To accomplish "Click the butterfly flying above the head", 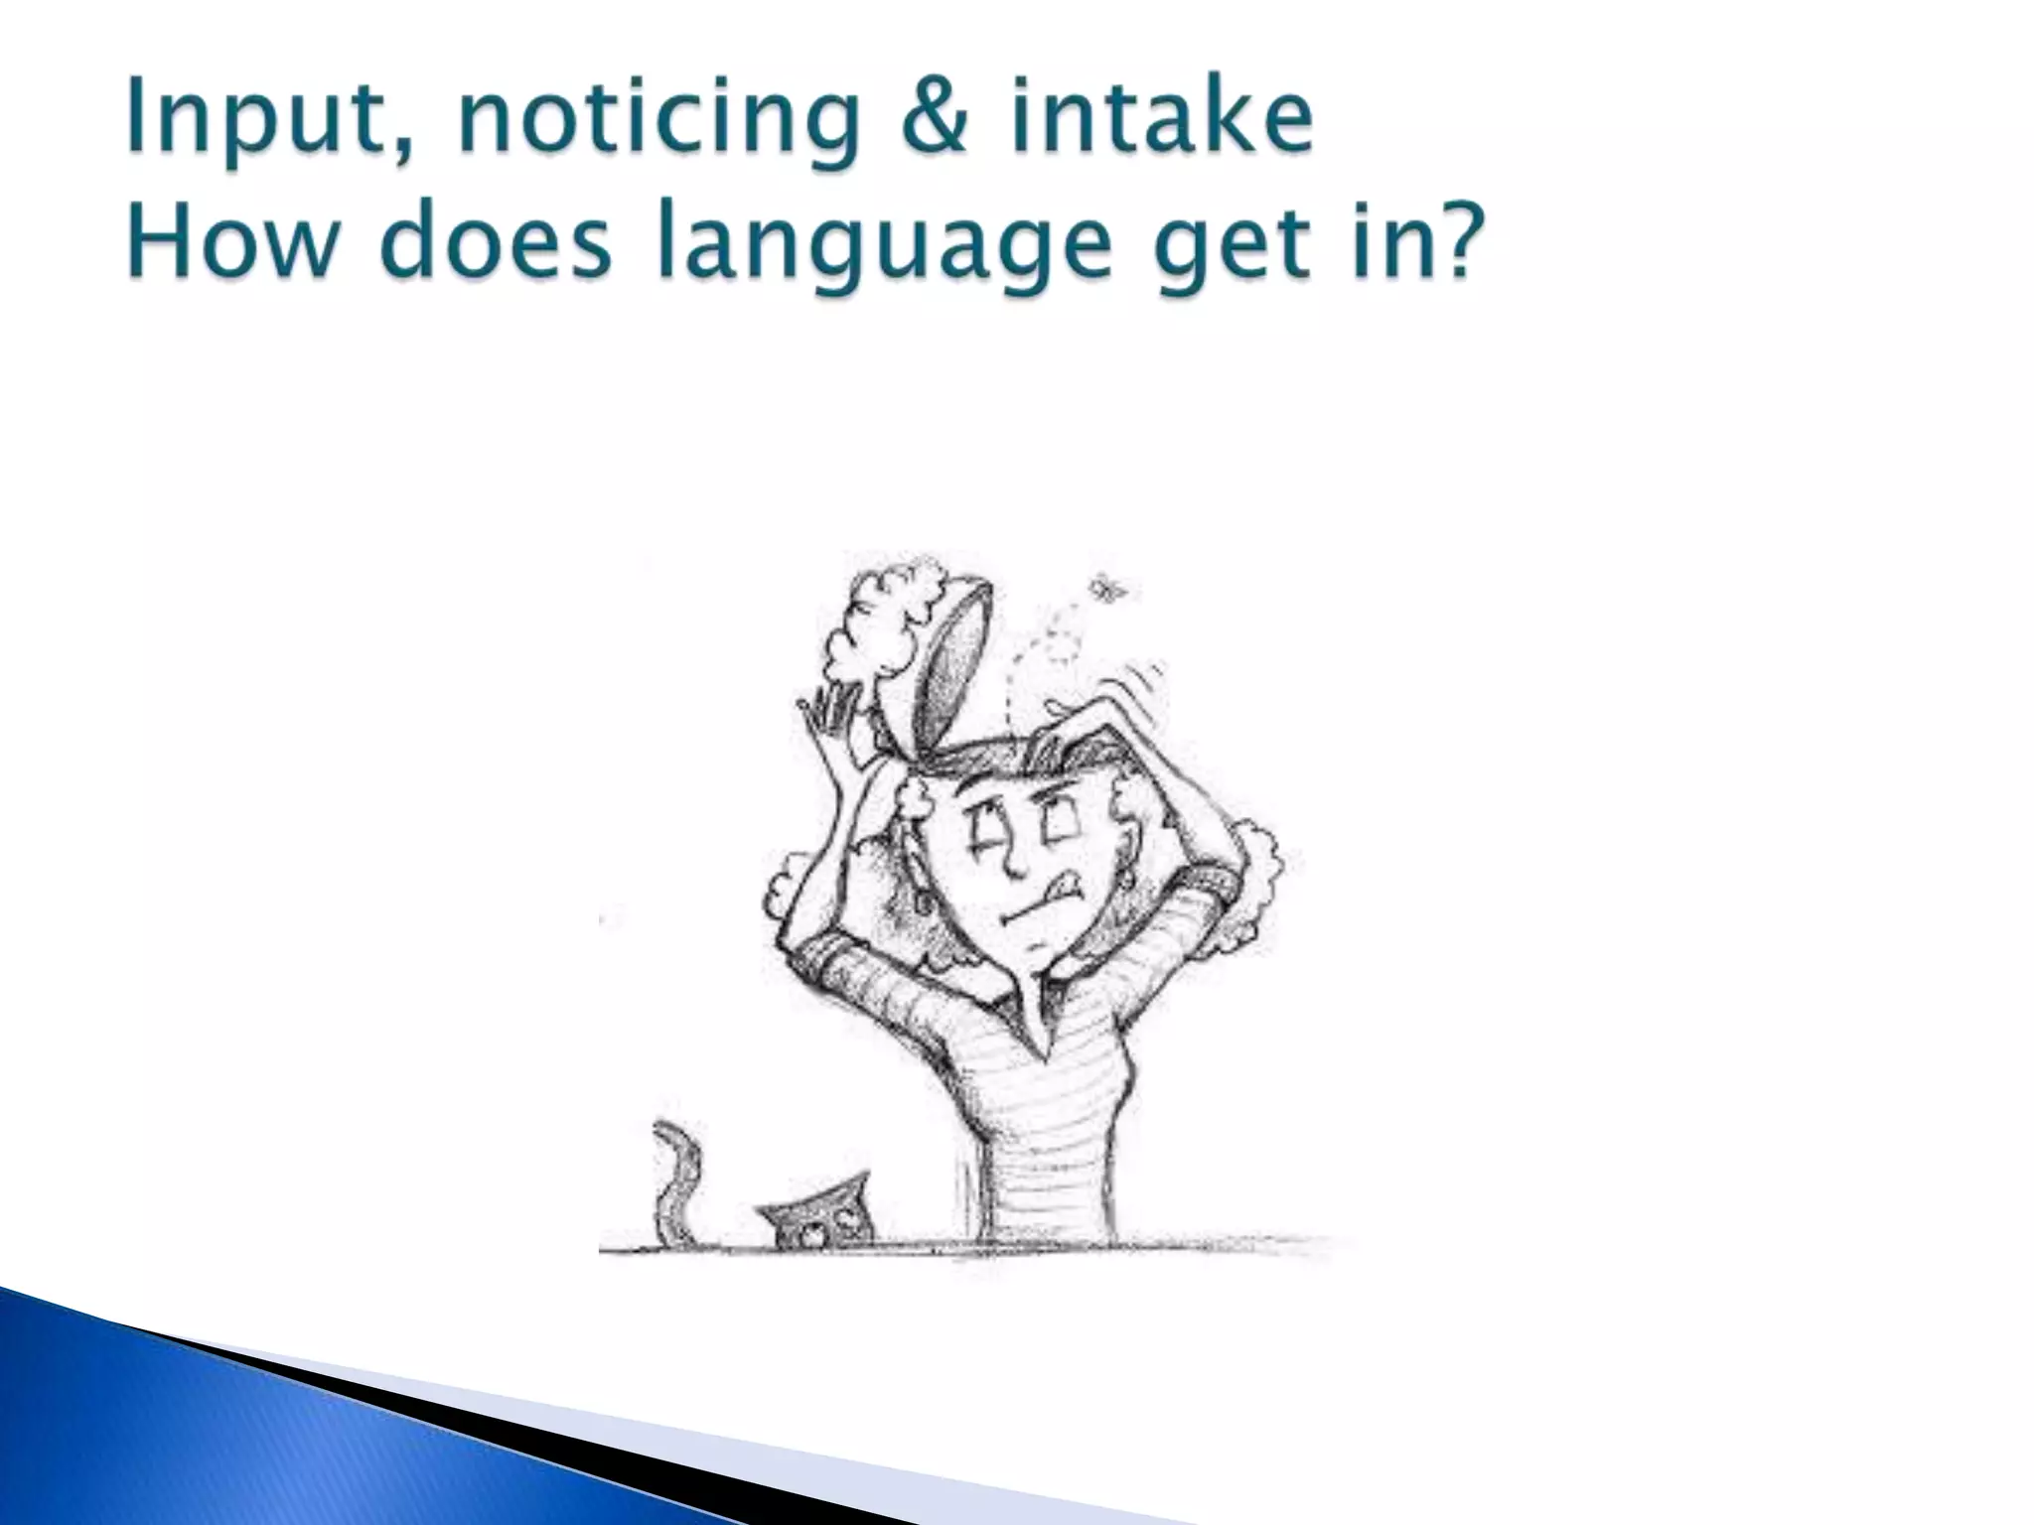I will [1106, 590].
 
